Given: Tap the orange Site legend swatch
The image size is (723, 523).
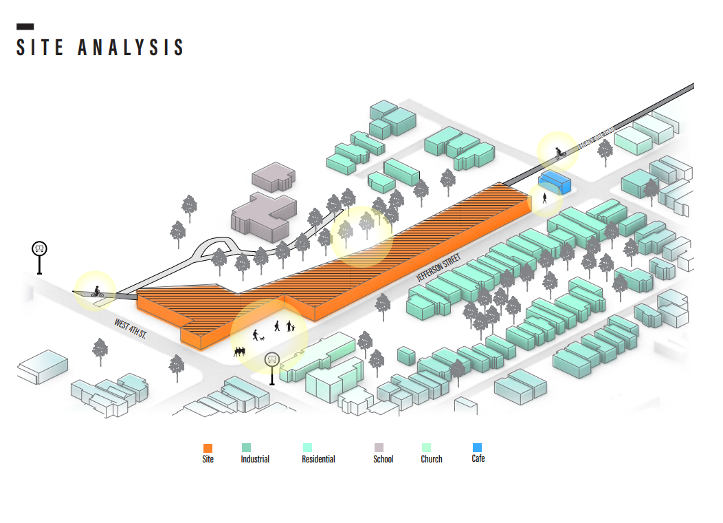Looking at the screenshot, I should pyautogui.click(x=208, y=447).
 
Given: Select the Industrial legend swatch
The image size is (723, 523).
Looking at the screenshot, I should pyautogui.click(x=247, y=447).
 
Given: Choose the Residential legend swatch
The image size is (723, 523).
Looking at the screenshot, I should pyautogui.click(x=307, y=447).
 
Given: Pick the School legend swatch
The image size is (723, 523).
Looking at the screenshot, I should pyautogui.click(x=378, y=447).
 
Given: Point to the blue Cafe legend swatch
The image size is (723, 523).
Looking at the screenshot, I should pyautogui.click(x=477, y=447).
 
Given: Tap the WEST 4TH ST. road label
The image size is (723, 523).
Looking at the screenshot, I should pyautogui.click(x=131, y=328).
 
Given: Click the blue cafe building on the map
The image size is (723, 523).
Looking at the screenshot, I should pyautogui.click(x=555, y=182).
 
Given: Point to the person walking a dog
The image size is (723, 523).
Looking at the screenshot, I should pyautogui.click(x=257, y=336).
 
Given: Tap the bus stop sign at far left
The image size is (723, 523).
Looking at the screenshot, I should pyautogui.click(x=40, y=249).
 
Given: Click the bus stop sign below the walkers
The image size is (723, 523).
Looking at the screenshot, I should pyautogui.click(x=273, y=359).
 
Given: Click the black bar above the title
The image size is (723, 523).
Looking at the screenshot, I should pyautogui.click(x=25, y=27).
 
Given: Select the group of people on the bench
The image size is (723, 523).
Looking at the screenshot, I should pyautogui.click(x=239, y=352).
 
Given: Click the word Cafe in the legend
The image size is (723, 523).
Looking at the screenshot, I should pyautogui.click(x=478, y=458).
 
